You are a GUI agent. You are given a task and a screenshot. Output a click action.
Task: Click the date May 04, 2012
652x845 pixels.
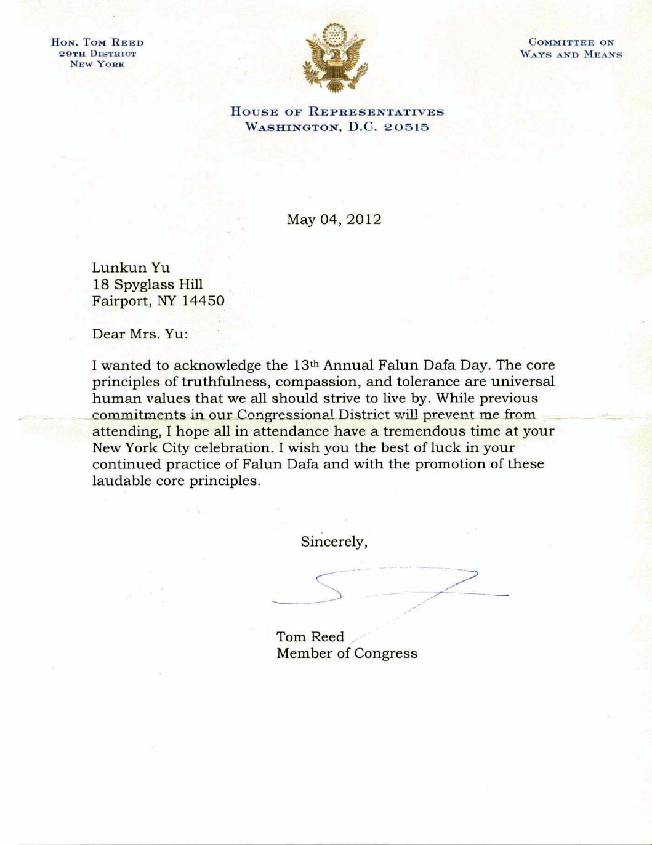point(334,220)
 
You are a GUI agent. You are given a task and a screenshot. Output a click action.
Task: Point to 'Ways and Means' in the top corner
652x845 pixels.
point(571,54)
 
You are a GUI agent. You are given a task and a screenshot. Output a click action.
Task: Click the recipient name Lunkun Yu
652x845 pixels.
point(131,268)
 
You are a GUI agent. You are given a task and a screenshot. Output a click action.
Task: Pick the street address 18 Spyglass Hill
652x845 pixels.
point(147,284)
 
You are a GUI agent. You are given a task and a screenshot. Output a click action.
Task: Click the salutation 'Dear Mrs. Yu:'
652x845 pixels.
point(140,334)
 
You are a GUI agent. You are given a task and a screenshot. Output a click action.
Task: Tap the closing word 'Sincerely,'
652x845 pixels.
point(334,542)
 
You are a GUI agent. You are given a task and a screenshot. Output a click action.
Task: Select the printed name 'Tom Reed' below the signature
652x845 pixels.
point(310,636)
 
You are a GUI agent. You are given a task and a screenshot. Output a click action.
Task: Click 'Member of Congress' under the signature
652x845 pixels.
point(347,653)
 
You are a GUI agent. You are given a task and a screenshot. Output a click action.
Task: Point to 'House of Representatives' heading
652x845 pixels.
point(337,112)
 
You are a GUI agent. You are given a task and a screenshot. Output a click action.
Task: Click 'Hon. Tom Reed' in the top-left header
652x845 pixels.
point(97,42)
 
